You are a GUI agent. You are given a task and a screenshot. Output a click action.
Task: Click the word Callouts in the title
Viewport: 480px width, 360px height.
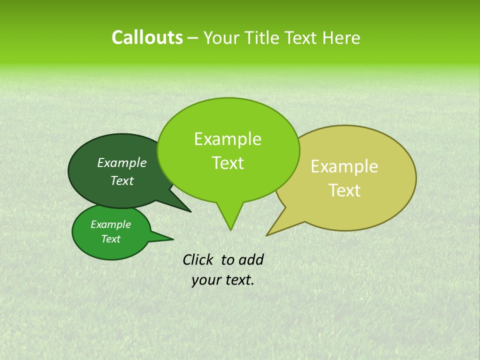147,37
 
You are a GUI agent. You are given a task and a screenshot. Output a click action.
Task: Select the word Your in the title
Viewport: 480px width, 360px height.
222,37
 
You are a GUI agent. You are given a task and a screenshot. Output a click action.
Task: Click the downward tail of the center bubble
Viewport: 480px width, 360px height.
230,217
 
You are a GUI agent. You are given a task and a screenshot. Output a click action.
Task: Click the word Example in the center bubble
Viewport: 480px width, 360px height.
227,139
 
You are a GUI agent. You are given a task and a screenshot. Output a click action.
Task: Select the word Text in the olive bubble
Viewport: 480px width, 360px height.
344,190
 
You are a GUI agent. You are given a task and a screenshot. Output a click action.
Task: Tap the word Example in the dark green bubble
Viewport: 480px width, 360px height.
121,163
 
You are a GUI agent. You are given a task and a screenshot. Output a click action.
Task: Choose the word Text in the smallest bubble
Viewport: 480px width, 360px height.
110,239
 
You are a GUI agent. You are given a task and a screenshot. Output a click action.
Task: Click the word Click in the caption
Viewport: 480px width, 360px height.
198,259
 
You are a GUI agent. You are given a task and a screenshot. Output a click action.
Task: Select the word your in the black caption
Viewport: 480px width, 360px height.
206,280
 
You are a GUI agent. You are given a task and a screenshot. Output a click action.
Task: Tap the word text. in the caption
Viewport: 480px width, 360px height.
238,280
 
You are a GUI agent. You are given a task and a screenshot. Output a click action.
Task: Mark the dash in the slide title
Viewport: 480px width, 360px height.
193,38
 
